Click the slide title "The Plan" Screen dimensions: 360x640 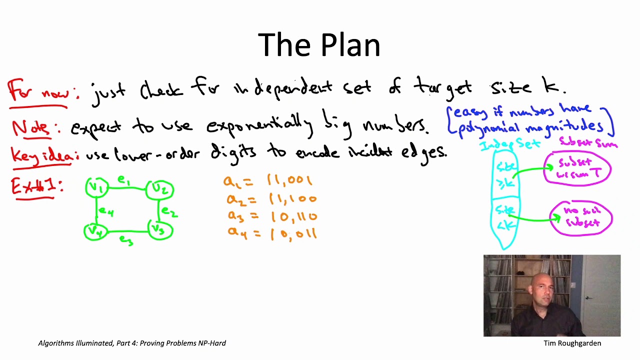(x=319, y=45)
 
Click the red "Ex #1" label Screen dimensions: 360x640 (x=36, y=187)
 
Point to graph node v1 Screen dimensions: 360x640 (x=96, y=188)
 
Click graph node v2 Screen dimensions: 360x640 (x=160, y=189)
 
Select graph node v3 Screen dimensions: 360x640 (x=160, y=230)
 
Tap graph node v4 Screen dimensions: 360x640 (x=95, y=231)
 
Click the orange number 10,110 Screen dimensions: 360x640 (x=293, y=216)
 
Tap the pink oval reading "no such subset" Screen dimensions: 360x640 (x=581, y=216)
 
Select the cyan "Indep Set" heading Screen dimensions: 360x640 (x=509, y=145)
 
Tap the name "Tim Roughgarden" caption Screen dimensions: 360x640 (x=572, y=343)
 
